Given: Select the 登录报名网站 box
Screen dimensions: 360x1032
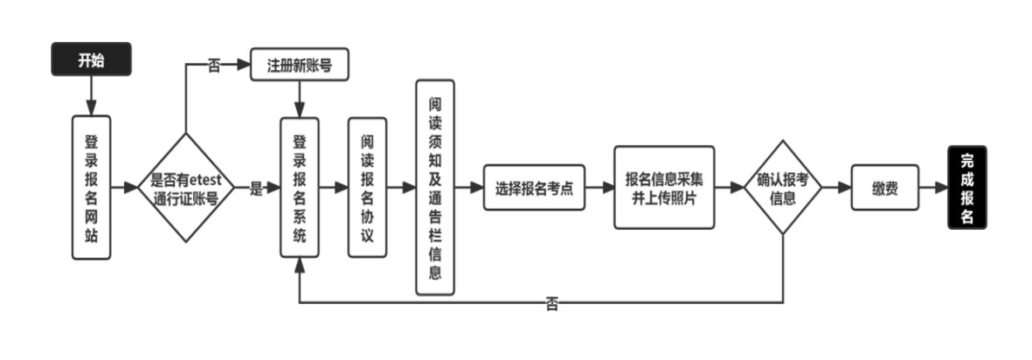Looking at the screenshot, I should (91, 187).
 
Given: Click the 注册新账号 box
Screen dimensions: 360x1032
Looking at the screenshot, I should (300, 66).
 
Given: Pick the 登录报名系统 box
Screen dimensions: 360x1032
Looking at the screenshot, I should (300, 187).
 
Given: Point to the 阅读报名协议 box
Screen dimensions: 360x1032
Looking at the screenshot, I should (368, 187).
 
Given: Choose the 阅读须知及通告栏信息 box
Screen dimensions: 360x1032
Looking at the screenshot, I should (435, 187).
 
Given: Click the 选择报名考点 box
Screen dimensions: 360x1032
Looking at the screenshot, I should (534, 188).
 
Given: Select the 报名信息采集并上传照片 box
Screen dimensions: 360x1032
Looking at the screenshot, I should (664, 187).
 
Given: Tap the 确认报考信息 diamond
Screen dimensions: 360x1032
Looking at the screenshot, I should (782, 188).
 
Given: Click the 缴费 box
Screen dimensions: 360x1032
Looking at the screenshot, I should (885, 188).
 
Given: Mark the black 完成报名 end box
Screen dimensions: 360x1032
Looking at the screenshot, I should (966, 188).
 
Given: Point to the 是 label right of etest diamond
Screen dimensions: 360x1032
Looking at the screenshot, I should (256, 188).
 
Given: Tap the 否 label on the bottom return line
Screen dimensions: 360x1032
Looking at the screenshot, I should (552, 304).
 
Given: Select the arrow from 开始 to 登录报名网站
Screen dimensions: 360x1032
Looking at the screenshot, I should (91, 95).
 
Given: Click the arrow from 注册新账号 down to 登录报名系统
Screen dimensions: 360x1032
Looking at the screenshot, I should (300, 99).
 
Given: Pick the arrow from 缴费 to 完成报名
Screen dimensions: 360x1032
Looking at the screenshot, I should (933, 188).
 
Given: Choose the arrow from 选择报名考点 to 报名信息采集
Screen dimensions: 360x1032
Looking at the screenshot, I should (599, 188).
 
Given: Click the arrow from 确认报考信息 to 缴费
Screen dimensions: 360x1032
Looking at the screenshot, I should (836, 188).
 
